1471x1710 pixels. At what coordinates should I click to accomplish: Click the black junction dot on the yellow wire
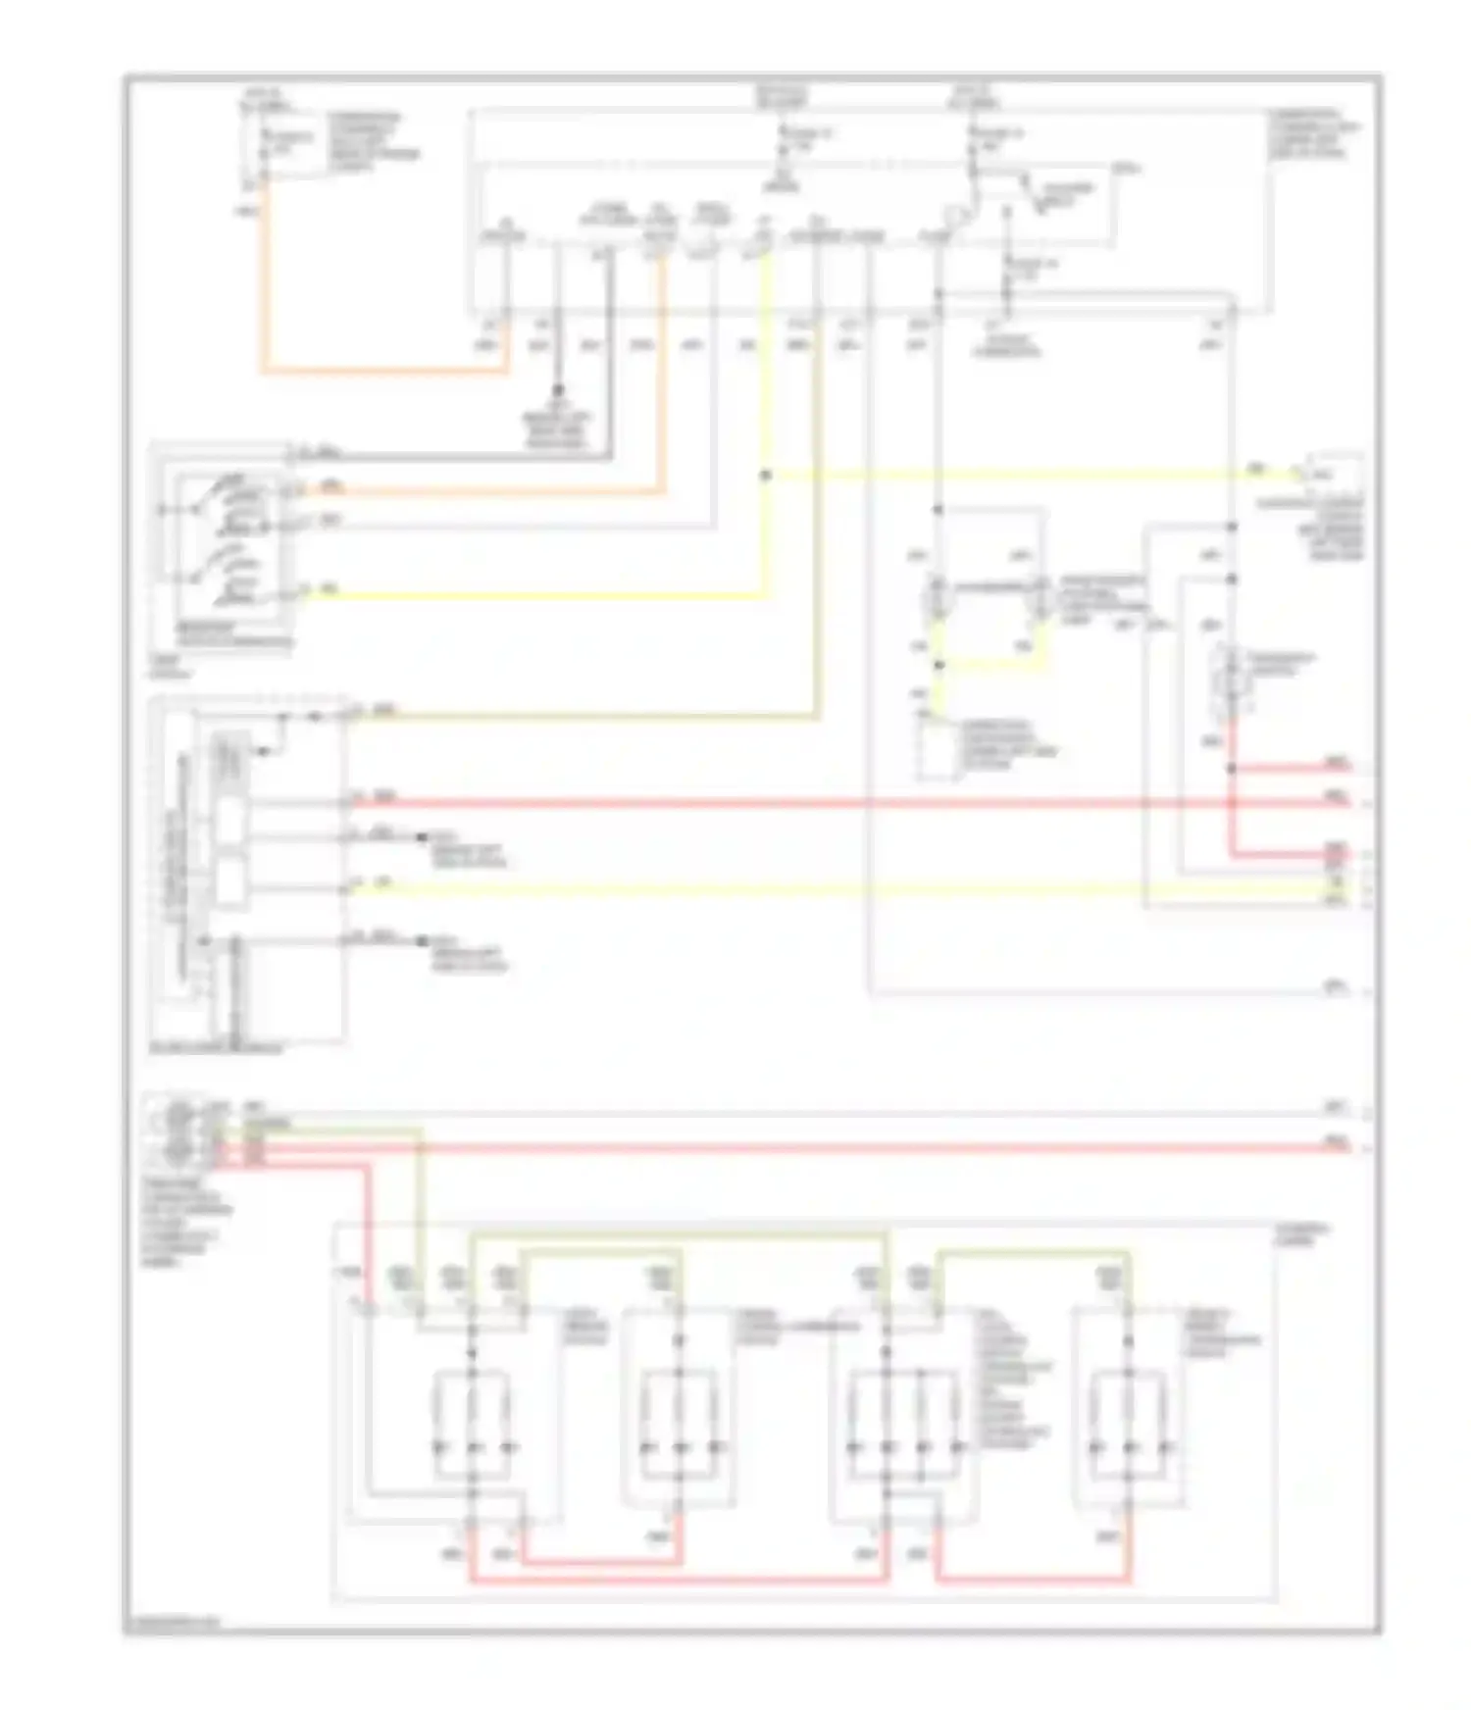point(766,476)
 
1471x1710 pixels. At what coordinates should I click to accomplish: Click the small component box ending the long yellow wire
point(1334,476)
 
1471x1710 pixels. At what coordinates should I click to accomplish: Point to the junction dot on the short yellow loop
point(938,665)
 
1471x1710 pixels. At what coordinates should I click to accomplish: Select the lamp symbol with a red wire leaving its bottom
point(1232,677)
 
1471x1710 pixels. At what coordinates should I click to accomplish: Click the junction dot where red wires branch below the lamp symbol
point(1233,769)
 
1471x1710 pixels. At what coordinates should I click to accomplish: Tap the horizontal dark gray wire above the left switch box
point(451,457)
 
